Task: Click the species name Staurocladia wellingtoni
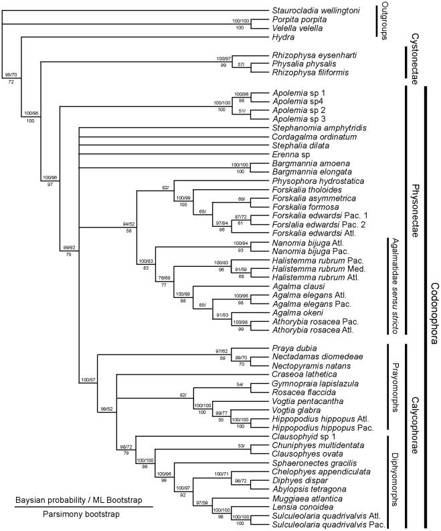pyautogui.click(x=316, y=11)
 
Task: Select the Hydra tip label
pyautogui.click(x=283, y=37)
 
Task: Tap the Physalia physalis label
pyautogui.click(x=304, y=64)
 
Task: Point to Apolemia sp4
pyautogui.click(x=298, y=101)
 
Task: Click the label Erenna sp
pyautogui.click(x=291, y=154)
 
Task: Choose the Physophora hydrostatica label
pyautogui.click(x=318, y=181)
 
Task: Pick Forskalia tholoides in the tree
pyautogui.click(x=306, y=190)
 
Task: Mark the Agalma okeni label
pyautogui.click(x=298, y=312)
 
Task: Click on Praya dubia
pyautogui.click(x=294, y=348)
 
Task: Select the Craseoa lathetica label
pyautogui.click(x=304, y=375)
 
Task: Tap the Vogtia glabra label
pyautogui.click(x=296, y=410)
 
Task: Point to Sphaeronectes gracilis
pyautogui.click(x=315, y=463)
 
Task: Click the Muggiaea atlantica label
pyautogui.click(x=307, y=498)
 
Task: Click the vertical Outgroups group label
pyautogui.click(x=385, y=21)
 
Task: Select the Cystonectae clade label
pyautogui.click(x=414, y=59)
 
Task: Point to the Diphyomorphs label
pyautogui.click(x=395, y=480)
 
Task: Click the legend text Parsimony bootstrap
pyautogui.click(x=81, y=514)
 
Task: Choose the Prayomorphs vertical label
pyautogui.click(x=395, y=387)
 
